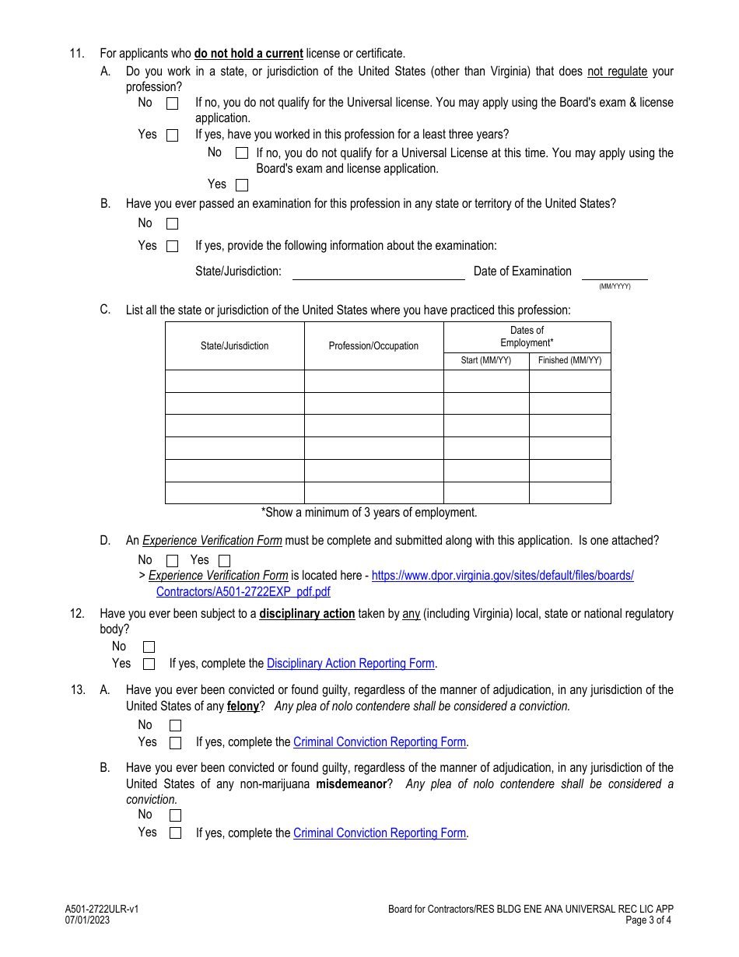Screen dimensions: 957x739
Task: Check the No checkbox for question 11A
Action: tap(172, 103)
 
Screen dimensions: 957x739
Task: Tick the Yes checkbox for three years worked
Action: tap(242, 185)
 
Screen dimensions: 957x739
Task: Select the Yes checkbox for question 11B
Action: tap(172, 247)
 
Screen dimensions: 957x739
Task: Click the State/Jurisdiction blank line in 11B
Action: tap(378, 272)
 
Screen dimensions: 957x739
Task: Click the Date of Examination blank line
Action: tap(615, 272)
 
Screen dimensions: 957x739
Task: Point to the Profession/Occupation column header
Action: tap(373, 346)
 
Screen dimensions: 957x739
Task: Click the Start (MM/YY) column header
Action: tap(486, 361)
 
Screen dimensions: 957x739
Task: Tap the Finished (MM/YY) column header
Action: tap(569, 361)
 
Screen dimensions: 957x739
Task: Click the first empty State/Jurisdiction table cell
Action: tap(234, 381)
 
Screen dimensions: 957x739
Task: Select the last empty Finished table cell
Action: tap(569, 493)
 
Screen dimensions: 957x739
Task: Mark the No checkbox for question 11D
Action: tap(172, 561)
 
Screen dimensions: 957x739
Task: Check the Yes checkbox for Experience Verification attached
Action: tap(224, 561)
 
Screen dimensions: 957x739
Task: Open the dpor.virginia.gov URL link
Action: tap(503, 577)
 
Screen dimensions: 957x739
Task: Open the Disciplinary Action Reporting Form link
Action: tap(350, 664)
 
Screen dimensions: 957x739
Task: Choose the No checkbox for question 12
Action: tap(149, 647)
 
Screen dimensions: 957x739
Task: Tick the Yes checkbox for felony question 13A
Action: tap(175, 743)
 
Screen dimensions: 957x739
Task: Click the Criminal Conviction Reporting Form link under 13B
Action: tap(380, 833)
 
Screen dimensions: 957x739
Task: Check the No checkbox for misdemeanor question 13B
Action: tap(175, 815)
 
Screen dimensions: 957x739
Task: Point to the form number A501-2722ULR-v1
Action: tap(102, 909)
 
